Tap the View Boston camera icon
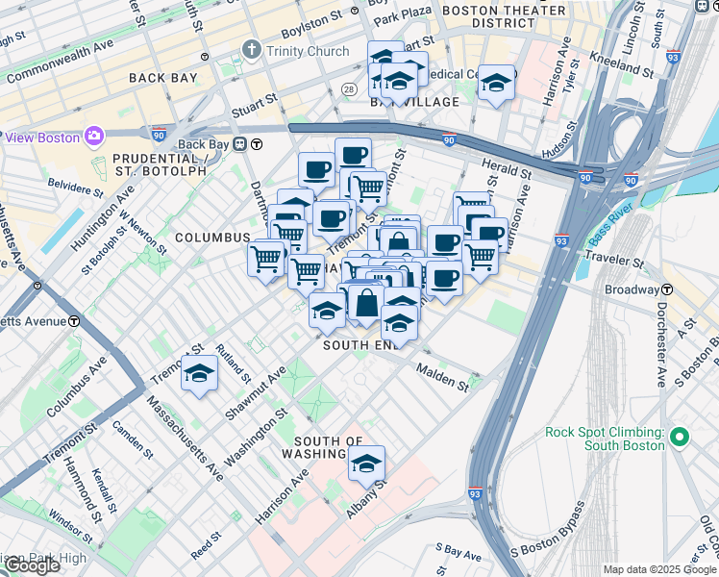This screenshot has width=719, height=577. coord(93,137)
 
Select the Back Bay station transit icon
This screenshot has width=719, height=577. coord(258,145)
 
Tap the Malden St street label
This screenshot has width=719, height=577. coord(441,377)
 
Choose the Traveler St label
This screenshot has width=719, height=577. coord(614,261)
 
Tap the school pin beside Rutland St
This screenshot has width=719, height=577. coord(200,373)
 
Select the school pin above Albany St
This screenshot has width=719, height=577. coord(365,464)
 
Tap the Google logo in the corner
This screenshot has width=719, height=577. coord(32,565)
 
